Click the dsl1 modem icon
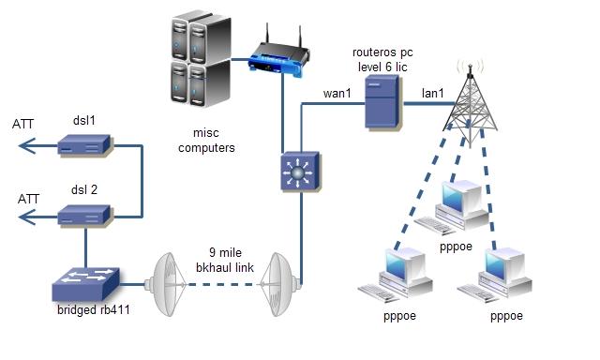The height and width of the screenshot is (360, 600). [84, 145]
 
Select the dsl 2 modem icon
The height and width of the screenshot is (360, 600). [84, 217]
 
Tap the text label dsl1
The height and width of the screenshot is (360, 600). [84, 120]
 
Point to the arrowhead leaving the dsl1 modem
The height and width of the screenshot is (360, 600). [23, 145]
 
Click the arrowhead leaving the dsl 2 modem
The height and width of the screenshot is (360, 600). [23, 217]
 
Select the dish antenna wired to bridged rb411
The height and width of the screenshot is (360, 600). [167, 280]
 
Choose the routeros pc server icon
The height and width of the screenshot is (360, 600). [383, 101]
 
